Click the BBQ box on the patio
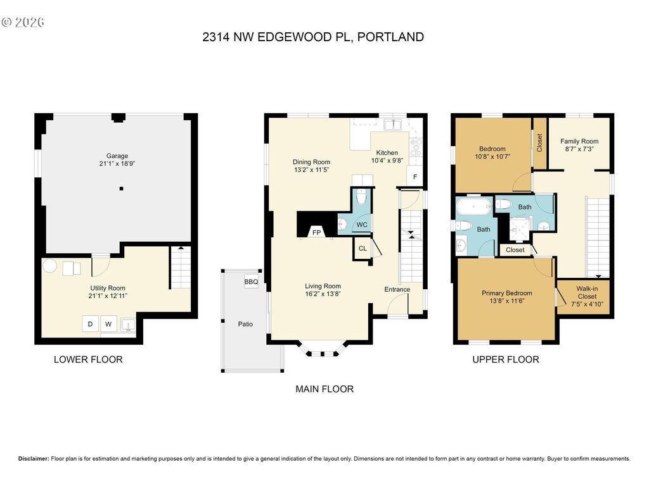(x=251, y=282)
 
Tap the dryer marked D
(x=90, y=323)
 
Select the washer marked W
(x=108, y=323)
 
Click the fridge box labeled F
(x=414, y=177)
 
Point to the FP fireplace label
(x=316, y=233)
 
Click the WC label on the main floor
(x=362, y=225)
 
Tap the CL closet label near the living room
(x=363, y=248)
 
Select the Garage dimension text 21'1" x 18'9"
(x=117, y=163)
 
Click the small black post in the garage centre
(x=121, y=189)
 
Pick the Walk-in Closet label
(x=587, y=292)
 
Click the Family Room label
(x=579, y=141)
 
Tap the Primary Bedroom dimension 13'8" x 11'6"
(x=507, y=301)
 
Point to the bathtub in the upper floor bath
(x=473, y=206)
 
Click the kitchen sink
(x=392, y=124)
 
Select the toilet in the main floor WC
(x=361, y=197)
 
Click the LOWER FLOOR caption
(x=88, y=359)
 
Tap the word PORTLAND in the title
(x=390, y=37)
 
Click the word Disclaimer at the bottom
(x=34, y=458)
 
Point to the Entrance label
(x=397, y=289)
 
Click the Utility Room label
(x=108, y=288)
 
